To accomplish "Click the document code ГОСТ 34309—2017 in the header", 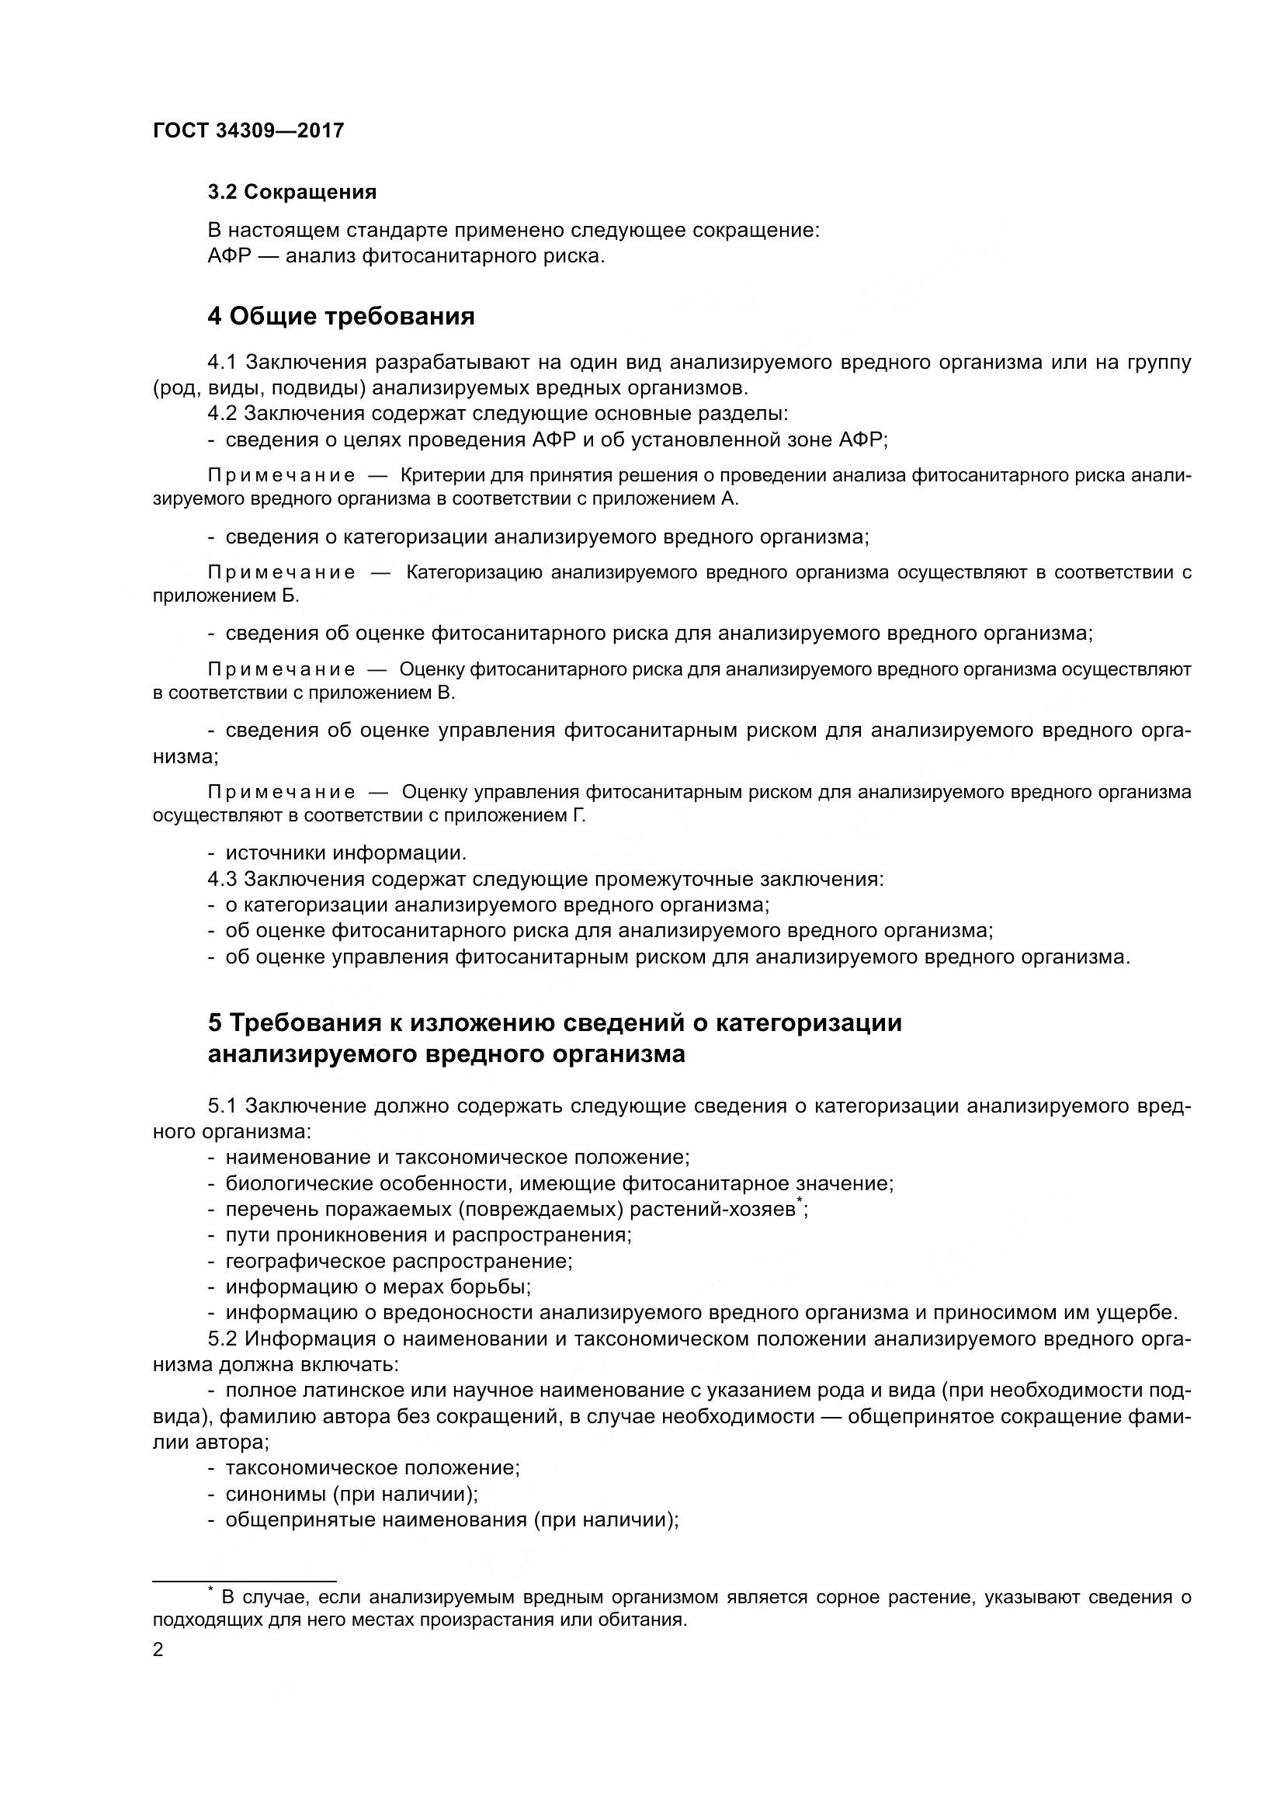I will click(x=248, y=131).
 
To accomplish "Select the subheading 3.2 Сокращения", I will click(x=292, y=193).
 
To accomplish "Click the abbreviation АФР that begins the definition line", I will click(x=228, y=257).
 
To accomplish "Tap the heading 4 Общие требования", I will click(x=341, y=316).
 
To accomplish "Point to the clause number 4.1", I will click(x=222, y=363).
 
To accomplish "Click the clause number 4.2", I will click(x=222, y=414).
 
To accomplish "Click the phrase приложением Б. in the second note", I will click(x=226, y=596).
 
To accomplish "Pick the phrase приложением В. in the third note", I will click(x=382, y=693).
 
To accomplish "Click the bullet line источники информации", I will click(x=346, y=853).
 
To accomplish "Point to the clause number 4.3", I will click(x=222, y=880).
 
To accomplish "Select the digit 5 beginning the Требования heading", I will click(x=214, y=1023).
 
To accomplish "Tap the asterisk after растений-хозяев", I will click(x=800, y=1202).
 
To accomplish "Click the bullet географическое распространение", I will click(x=398, y=1261).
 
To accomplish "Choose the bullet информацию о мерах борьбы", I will click(x=378, y=1286).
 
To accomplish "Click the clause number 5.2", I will click(x=222, y=1339).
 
